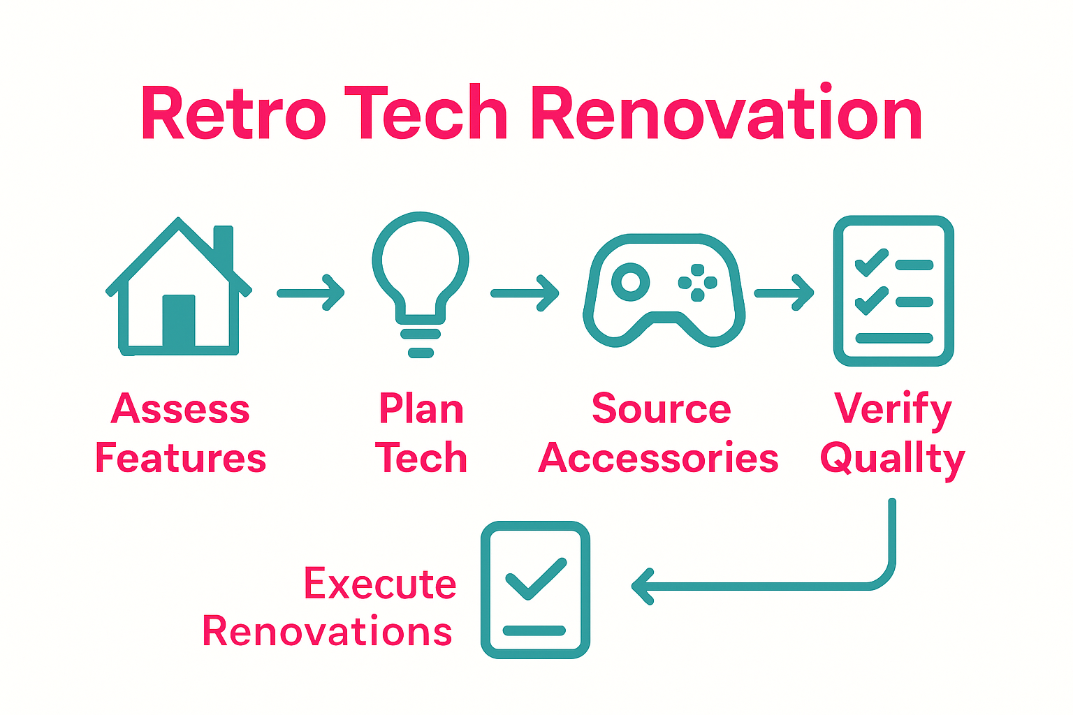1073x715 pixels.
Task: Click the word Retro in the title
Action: click(x=233, y=114)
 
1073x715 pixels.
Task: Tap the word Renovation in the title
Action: click(x=727, y=114)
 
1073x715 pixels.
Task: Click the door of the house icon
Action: click(x=179, y=320)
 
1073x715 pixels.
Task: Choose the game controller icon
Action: click(x=664, y=290)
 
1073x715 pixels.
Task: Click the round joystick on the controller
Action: click(x=630, y=282)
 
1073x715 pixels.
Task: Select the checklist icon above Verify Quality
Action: click(x=893, y=290)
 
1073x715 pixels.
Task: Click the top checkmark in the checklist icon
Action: click(x=871, y=263)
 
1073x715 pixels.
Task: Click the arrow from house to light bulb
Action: click(x=311, y=293)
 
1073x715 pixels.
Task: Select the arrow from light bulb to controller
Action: click(x=525, y=293)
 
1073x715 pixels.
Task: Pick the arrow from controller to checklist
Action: click(x=784, y=293)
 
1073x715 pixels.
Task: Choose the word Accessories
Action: click(x=658, y=459)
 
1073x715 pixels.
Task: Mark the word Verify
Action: click(x=893, y=410)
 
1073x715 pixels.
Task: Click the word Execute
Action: click(x=380, y=584)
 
